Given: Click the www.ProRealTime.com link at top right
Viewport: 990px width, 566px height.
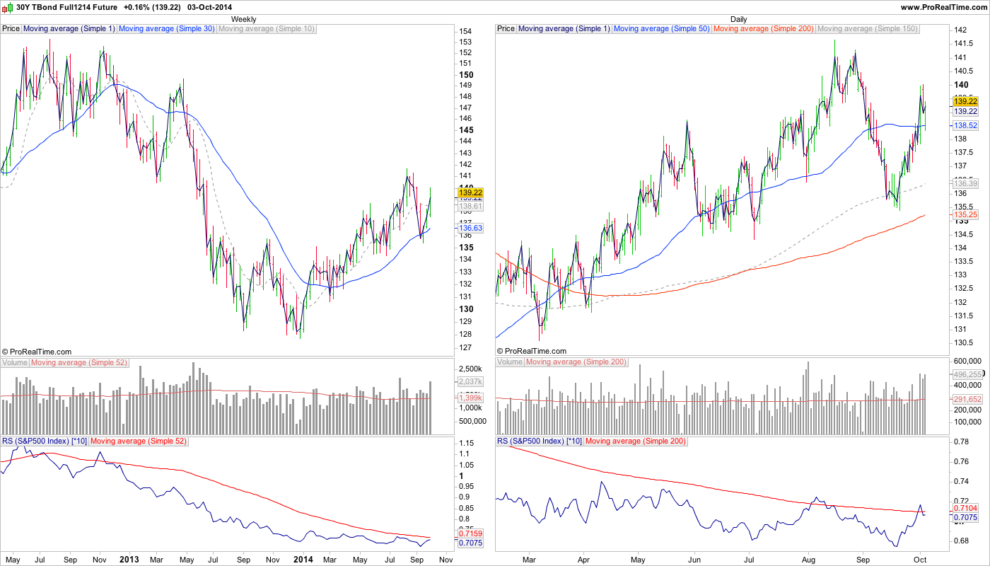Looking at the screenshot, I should [x=944, y=7].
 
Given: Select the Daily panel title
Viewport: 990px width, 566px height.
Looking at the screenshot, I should [x=738, y=19].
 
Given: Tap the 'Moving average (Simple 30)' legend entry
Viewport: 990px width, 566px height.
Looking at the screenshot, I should [x=167, y=29].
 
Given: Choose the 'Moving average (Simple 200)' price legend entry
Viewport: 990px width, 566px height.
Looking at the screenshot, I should [x=764, y=29].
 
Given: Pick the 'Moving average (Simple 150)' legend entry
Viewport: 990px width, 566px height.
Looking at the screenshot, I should [x=867, y=29].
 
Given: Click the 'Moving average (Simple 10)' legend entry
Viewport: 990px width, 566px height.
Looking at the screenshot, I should [x=267, y=29].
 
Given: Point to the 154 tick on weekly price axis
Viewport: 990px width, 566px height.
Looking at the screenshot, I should [x=465, y=32].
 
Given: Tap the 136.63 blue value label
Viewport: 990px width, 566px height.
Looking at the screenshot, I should [x=470, y=228].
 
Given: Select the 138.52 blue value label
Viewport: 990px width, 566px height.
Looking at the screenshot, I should [x=965, y=125].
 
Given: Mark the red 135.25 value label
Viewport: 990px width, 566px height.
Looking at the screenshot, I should [x=965, y=214].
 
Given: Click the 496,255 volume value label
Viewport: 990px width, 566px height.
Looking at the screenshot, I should [x=968, y=374].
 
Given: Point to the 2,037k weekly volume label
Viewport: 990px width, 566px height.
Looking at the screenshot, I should [x=470, y=382].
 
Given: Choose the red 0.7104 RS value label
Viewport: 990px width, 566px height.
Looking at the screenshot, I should [x=965, y=508].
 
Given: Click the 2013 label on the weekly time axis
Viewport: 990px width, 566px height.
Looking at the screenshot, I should [x=129, y=559].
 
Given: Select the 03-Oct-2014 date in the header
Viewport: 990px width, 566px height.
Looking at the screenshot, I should [x=209, y=7].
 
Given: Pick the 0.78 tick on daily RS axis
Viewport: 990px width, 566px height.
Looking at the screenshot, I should [x=962, y=441].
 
